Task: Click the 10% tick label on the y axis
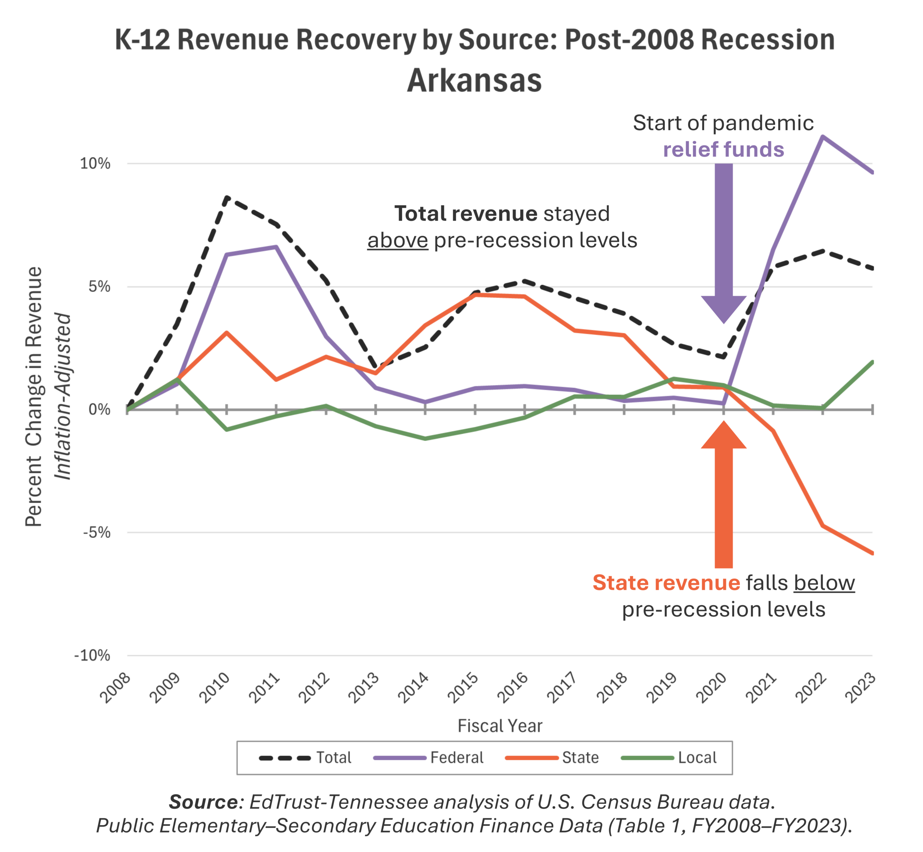[96, 163]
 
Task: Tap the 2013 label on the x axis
[364, 688]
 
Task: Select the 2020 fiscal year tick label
[712, 688]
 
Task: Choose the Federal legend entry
[429, 758]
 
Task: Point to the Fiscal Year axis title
[500, 726]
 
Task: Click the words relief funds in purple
[723, 149]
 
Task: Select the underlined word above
[397, 240]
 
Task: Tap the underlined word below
[824, 583]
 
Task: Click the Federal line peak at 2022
[822, 136]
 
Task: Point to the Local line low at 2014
[425, 438]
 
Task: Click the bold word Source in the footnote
[203, 802]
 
